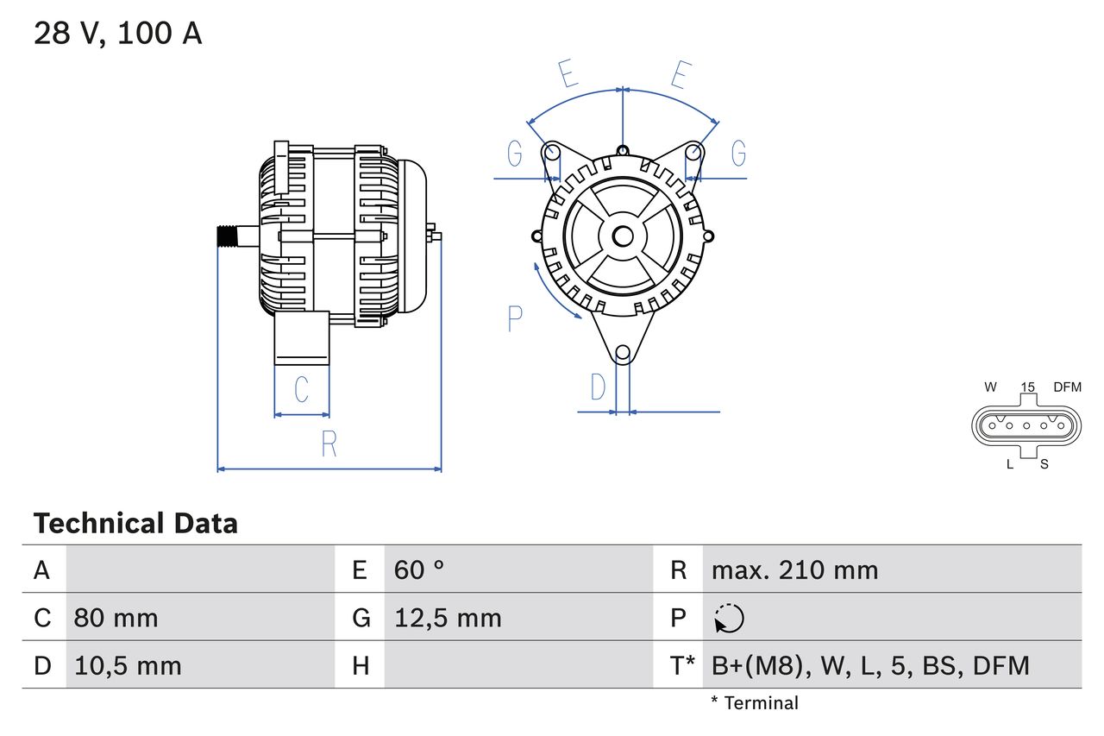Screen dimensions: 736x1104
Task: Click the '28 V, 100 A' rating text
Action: point(118,34)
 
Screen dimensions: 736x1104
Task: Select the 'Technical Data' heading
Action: point(135,523)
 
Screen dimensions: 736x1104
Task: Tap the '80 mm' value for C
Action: point(116,618)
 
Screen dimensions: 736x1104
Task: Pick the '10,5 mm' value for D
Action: point(128,665)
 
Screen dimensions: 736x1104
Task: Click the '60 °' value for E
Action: point(419,569)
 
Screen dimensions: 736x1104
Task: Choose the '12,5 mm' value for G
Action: point(448,618)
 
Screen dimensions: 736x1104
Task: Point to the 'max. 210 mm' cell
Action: point(794,569)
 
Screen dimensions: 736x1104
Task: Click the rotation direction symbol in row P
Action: point(729,618)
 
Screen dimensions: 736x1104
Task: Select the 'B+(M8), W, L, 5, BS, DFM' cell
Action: point(870,665)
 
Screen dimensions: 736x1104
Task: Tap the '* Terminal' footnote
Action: point(755,703)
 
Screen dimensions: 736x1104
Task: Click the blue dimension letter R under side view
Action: point(329,444)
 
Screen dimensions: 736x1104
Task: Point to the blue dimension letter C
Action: point(301,390)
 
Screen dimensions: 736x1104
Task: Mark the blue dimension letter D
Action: point(598,388)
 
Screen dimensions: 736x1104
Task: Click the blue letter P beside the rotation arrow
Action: point(515,319)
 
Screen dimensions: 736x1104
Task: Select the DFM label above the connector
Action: point(1066,387)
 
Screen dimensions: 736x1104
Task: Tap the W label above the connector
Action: point(991,387)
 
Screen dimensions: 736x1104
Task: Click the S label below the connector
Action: point(1044,464)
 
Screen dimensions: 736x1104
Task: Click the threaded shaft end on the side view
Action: point(227,236)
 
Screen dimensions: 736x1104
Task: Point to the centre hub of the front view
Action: point(623,236)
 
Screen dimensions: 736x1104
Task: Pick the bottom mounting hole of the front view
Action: point(623,352)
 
